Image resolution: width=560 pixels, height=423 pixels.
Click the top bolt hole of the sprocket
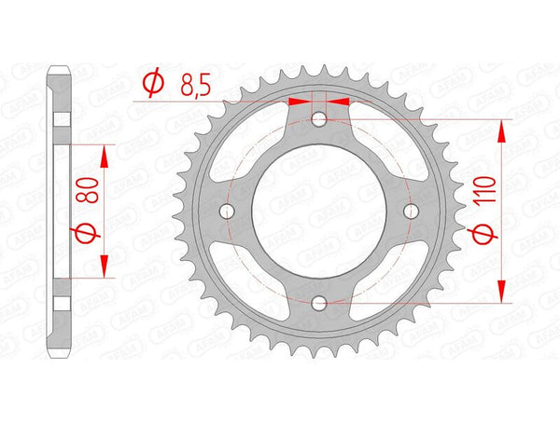319,119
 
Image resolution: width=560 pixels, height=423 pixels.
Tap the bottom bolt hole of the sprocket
319,304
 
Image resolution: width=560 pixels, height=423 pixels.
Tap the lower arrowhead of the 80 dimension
104,267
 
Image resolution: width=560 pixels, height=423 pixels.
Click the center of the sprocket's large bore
319,211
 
